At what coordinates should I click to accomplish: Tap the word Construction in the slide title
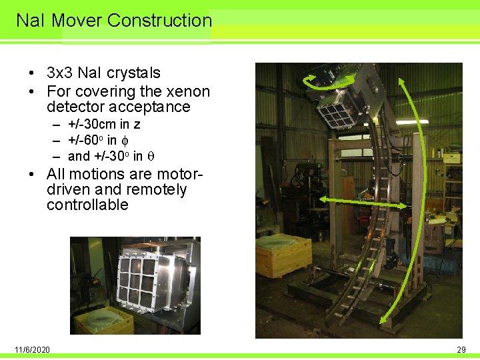[x=159, y=21]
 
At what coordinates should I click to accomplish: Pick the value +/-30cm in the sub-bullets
[x=95, y=125]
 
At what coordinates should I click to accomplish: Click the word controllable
[x=87, y=205]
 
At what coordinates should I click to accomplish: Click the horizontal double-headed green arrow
[x=364, y=203]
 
